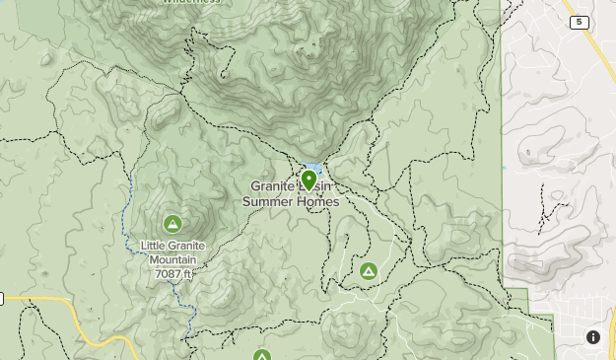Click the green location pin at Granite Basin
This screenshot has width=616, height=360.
click(x=308, y=180)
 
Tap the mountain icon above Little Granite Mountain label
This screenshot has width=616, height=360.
click(x=173, y=224)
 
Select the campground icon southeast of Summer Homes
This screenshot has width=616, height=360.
click(x=368, y=270)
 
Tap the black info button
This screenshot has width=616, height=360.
click(x=593, y=337)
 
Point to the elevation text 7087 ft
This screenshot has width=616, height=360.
click(x=171, y=273)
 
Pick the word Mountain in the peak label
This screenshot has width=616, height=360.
click(x=173, y=259)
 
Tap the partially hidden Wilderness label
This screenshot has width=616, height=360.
click(x=191, y=3)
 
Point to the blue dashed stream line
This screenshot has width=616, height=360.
click(x=127, y=212)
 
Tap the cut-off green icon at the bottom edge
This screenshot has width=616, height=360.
click(x=261, y=355)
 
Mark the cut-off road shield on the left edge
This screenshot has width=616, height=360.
click(x=2, y=299)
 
